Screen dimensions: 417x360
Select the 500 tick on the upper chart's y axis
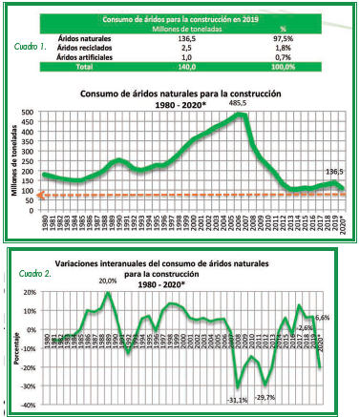point(32,111)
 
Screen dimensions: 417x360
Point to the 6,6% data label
point(320,317)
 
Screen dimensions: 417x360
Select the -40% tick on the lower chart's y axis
point(32,405)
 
